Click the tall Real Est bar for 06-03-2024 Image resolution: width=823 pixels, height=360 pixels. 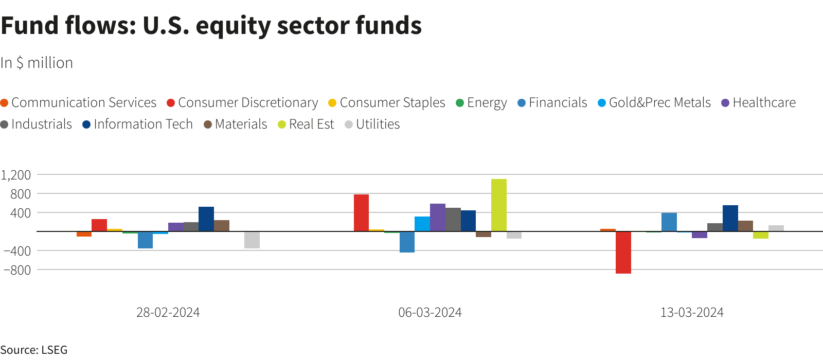(498, 205)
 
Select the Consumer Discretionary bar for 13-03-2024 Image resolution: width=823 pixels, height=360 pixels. (623, 252)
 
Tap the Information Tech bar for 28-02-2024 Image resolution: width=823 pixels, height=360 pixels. (206, 219)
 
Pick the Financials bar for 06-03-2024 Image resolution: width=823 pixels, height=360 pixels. (407, 242)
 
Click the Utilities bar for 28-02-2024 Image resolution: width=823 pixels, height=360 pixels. (252, 240)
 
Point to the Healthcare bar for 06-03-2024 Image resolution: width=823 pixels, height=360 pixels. (437, 218)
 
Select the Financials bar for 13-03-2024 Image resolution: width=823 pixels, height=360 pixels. (669, 222)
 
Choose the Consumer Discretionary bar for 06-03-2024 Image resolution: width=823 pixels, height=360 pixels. (361, 213)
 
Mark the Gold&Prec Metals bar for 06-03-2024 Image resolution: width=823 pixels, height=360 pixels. (422, 224)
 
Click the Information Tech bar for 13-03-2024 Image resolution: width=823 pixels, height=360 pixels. (730, 219)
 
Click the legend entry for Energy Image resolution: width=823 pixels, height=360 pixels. (481, 103)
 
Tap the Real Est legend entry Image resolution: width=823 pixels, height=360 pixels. (306, 124)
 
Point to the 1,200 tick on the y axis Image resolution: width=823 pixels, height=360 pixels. (16, 175)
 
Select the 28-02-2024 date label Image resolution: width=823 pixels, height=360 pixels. (168, 313)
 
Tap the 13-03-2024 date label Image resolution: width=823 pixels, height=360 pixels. (692, 313)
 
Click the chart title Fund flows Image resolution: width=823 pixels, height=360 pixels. (211, 26)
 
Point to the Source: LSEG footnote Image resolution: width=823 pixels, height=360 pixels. (34, 350)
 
